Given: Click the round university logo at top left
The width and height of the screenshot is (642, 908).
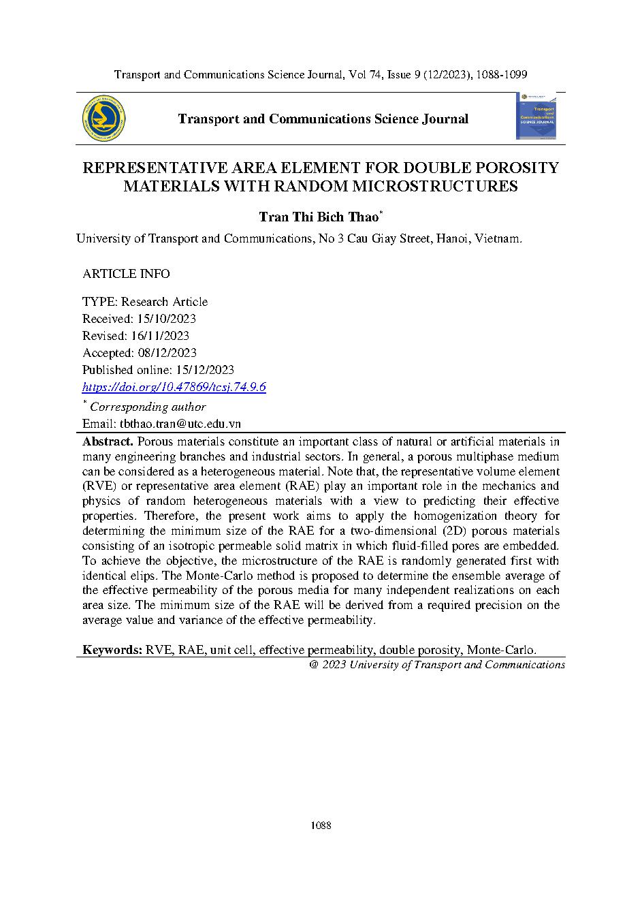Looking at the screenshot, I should pyautogui.click(x=103, y=119).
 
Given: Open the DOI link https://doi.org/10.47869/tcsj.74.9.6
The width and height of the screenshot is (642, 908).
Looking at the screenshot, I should pyautogui.click(x=174, y=387).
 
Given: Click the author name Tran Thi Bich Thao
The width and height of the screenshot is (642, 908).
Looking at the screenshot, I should pyautogui.click(x=318, y=217).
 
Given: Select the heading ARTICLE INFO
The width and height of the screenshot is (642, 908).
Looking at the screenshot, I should pyautogui.click(x=126, y=274).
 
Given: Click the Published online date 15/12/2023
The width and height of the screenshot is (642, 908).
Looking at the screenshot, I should pyautogui.click(x=203, y=370).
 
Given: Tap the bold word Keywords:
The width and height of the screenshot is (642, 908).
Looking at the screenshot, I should pyautogui.click(x=112, y=650).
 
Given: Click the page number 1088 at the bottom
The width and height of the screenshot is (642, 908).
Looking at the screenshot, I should pyautogui.click(x=321, y=826).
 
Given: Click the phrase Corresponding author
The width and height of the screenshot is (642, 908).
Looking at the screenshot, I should pyautogui.click(x=148, y=407).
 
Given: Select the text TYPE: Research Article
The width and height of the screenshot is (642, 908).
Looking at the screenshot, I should pyautogui.click(x=145, y=302).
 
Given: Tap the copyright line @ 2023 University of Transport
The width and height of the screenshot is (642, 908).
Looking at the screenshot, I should pyautogui.click(x=436, y=665).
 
